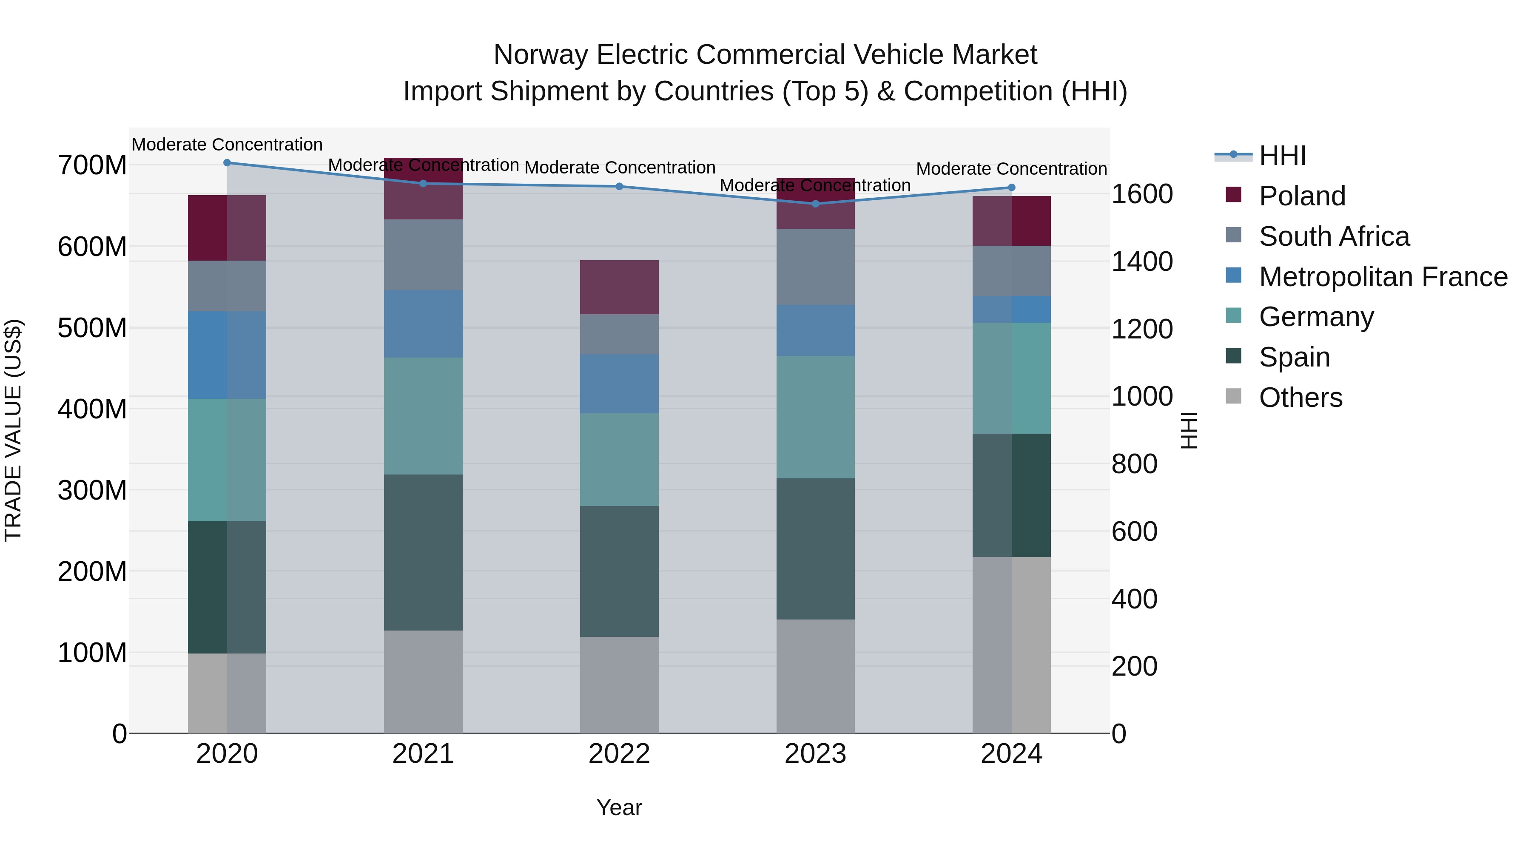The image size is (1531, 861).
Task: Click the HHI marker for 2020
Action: pyautogui.click(x=227, y=163)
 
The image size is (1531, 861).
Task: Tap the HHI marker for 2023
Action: pyautogui.click(x=815, y=204)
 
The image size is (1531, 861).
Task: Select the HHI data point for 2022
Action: pyautogui.click(x=619, y=187)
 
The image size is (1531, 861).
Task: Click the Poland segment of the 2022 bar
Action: pyautogui.click(x=619, y=287)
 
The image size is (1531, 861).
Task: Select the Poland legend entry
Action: pyautogui.click(x=1302, y=196)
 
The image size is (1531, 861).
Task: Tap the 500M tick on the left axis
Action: pyautogui.click(x=92, y=328)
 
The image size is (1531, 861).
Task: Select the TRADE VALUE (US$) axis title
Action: pyautogui.click(x=14, y=430)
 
